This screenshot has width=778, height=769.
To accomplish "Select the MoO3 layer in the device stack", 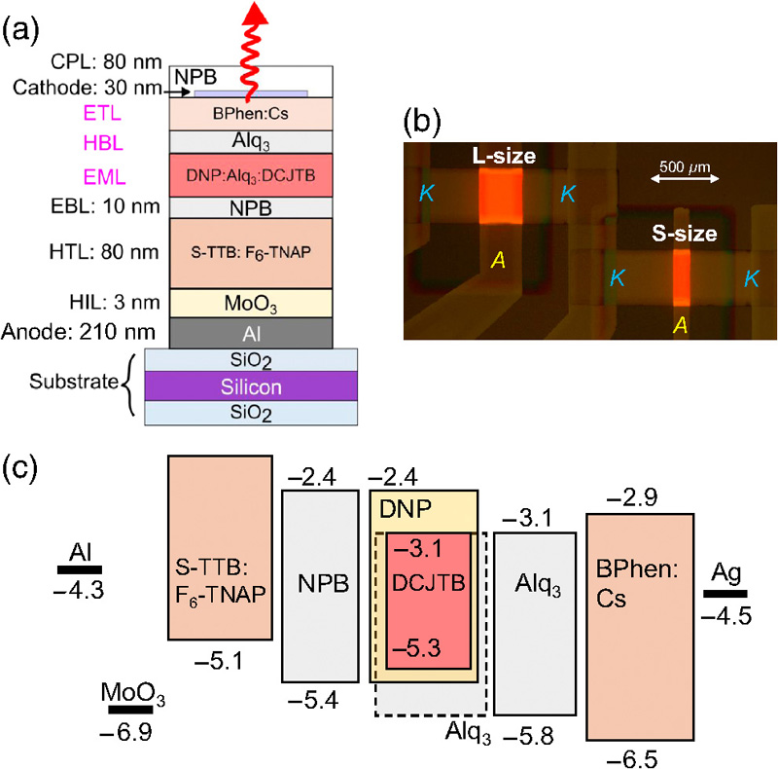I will pos(252,303).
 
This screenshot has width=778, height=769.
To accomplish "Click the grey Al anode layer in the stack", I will pos(252,333).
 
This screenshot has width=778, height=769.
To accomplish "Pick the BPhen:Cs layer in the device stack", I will pos(252,112).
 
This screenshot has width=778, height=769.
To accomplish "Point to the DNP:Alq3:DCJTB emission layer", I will pos(252,175).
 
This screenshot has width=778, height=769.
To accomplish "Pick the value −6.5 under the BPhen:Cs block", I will pos(638,757).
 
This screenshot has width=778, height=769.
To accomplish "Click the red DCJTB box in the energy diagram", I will pos(429,601).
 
